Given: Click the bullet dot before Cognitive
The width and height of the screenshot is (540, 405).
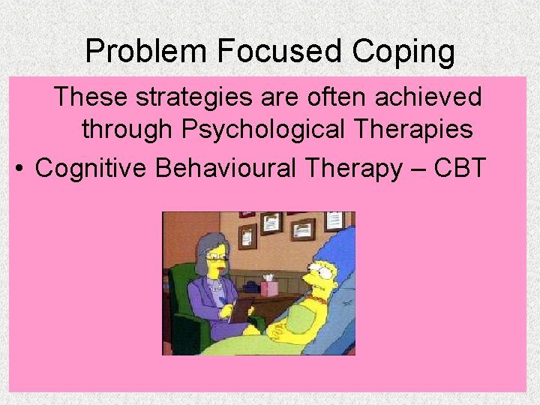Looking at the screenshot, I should (x=19, y=168).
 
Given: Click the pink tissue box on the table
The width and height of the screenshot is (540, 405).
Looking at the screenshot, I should (x=269, y=286).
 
